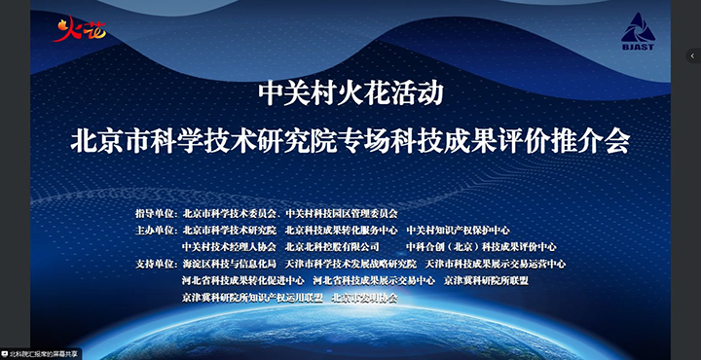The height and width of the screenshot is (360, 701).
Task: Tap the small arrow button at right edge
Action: (693, 55)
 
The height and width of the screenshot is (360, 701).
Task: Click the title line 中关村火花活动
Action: (350, 93)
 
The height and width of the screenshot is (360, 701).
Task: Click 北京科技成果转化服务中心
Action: (341, 231)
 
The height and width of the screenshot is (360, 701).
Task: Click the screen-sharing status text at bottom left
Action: (44, 353)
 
